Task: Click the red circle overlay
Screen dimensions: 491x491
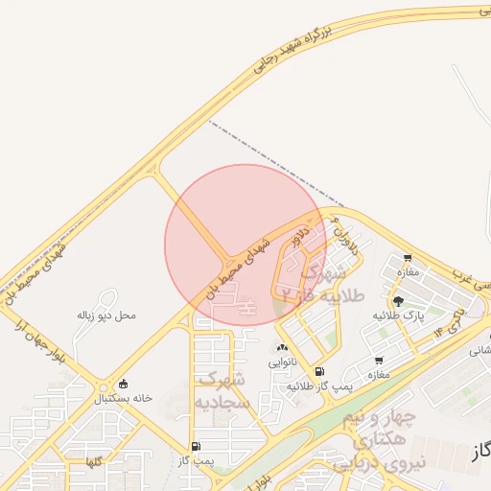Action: (245, 244)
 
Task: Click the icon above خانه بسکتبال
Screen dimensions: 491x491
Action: (124, 384)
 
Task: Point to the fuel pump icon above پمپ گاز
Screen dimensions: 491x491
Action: (197, 446)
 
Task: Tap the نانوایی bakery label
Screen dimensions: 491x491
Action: (282, 362)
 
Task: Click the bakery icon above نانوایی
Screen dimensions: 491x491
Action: (282, 348)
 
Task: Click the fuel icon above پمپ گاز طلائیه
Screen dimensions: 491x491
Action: (319, 371)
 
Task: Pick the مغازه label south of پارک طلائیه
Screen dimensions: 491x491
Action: (378, 375)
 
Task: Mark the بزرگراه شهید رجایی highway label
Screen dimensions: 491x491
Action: (292, 50)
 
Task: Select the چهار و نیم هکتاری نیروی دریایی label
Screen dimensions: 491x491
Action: (374, 442)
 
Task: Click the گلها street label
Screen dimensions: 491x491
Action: (93, 463)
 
